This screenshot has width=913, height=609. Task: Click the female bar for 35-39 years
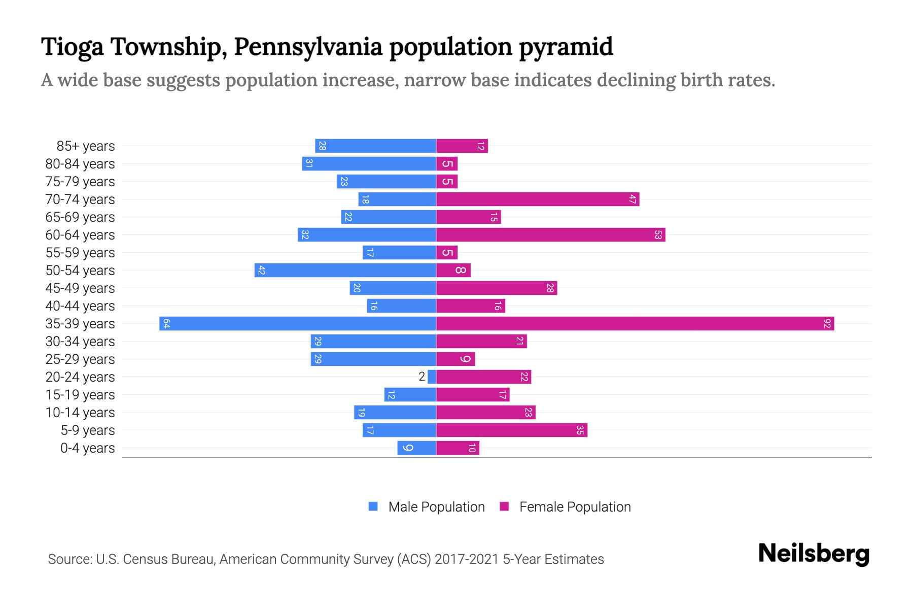[x=634, y=324]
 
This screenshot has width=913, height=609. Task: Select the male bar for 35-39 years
[x=298, y=324]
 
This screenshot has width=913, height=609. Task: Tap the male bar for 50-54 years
[x=345, y=270]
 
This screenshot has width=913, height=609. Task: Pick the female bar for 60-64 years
[x=550, y=235]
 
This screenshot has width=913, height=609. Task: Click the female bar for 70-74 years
[x=538, y=199]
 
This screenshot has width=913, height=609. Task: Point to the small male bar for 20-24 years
[x=432, y=377]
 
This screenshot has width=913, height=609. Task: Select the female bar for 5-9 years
[x=511, y=430]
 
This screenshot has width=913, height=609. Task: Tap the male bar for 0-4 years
[x=416, y=448]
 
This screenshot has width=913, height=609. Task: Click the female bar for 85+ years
[x=462, y=146]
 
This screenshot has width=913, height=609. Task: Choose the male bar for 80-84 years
[x=369, y=164]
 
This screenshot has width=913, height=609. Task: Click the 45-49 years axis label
[x=80, y=288]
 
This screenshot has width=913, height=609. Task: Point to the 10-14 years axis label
[x=80, y=413]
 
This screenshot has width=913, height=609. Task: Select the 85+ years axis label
[x=86, y=146]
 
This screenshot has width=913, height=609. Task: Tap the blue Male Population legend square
[x=373, y=506]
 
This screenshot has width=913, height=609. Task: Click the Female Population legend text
[x=575, y=507]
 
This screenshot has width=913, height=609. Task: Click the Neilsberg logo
[x=814, y=554]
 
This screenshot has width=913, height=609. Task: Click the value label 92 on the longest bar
[x=827, y=324]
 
